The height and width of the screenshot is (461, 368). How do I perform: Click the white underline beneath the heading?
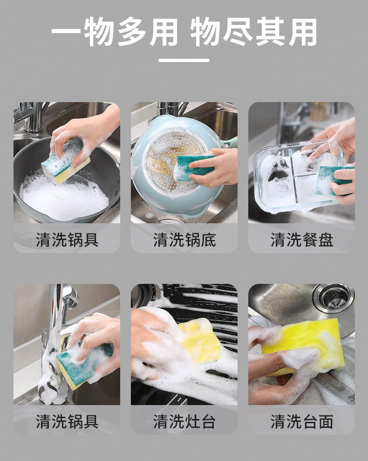click(184, 60)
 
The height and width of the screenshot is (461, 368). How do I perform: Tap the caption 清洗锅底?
click(184, 240)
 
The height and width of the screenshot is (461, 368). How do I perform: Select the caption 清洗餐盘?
click(301, 240)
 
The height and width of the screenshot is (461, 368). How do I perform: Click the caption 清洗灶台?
click(184, 421)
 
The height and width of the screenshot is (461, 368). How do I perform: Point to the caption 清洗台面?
click(301, 421)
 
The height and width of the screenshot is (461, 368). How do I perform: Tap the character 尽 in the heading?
click(238, 31)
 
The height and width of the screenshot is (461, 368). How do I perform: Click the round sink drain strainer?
click(333, 298)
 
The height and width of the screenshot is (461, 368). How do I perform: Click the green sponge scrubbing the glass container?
click(332, 181)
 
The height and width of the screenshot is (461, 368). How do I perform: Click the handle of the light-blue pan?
click(229, 142)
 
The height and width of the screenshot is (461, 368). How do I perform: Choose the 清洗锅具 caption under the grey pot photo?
click(67, 240)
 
